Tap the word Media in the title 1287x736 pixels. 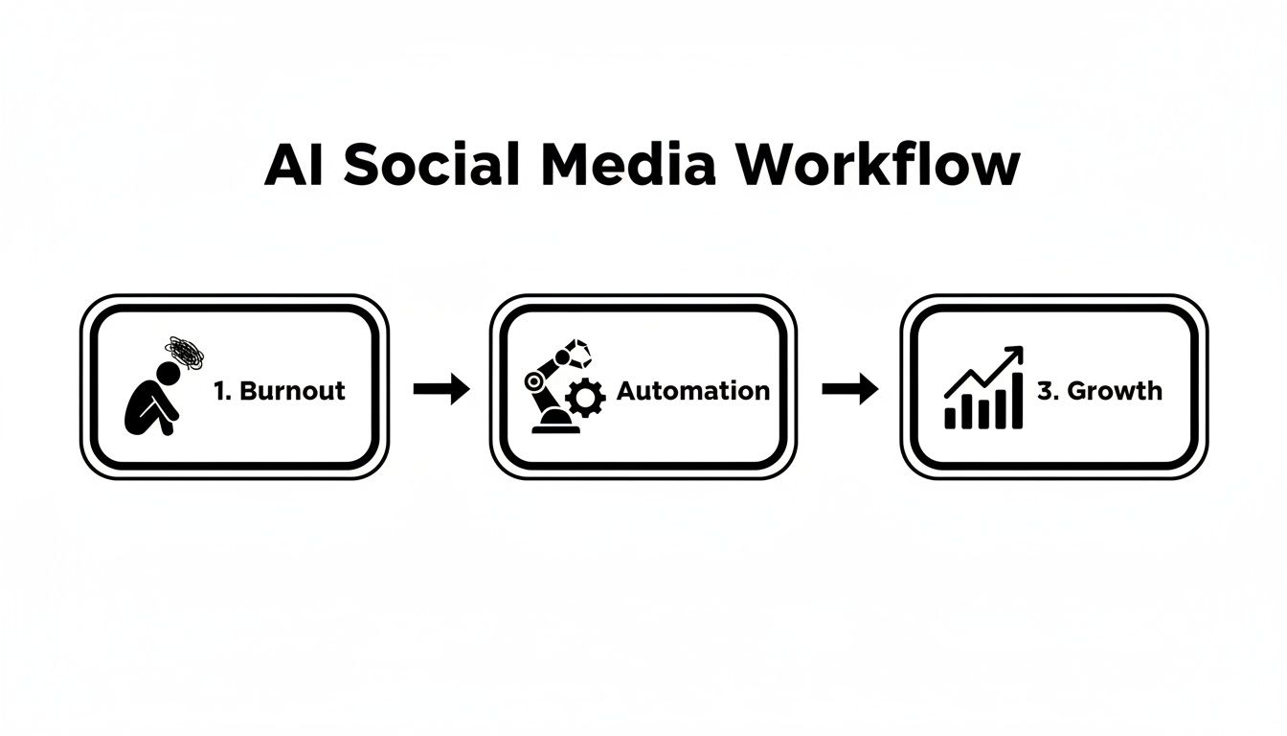(x=626, y=165)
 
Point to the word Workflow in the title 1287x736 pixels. (x=878, y=165)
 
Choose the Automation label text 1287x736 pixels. (x=692, y=391)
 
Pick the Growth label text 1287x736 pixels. (x=1114, y=391)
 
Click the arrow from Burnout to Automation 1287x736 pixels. (x=441, y=389)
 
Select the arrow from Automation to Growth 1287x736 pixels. (x=850, y=389)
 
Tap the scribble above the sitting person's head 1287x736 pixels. (x=186, y=353)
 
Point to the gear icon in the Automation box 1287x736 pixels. (x=586, y=397)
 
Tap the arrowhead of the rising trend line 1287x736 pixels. (x=1014, y=354)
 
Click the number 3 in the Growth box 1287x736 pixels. (x=1044, y=391)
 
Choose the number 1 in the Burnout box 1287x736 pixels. (x=219, y=391)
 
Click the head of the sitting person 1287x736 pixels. (x=169, y=372)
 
